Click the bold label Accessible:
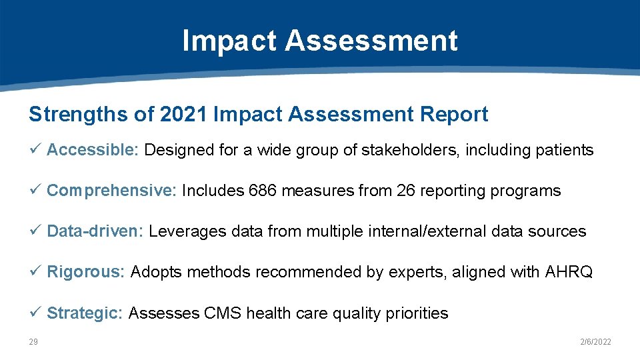pos(92,150)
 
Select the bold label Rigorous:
pos(85,272)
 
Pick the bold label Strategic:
pos(85,313)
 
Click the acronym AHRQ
pos(569,272)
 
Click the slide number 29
pos(33,342)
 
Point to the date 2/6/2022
pos(595,342)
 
